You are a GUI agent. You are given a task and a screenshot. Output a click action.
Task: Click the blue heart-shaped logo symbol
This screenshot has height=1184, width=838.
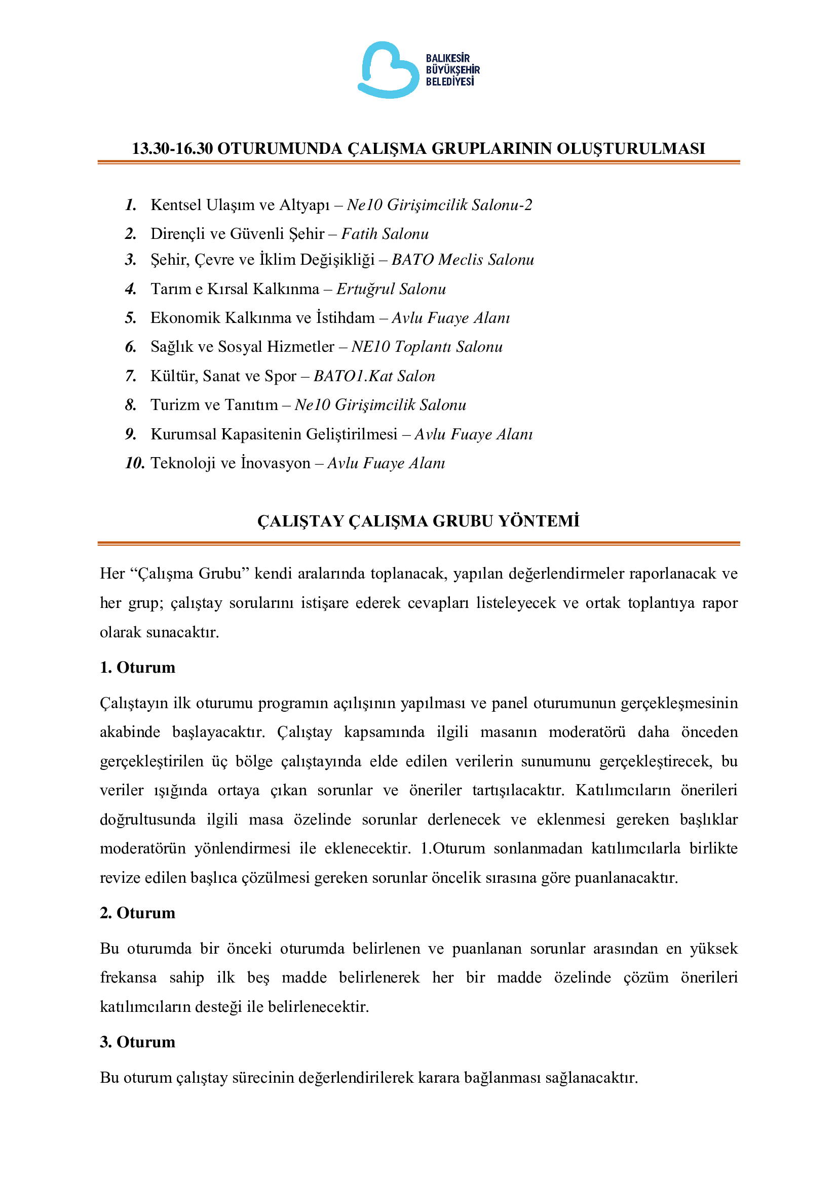tap(388, 70)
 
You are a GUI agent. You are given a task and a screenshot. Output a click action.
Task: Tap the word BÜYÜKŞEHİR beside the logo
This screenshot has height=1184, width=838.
tap(452, 70)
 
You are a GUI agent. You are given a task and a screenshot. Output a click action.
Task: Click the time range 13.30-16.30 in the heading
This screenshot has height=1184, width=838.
tap(172, 148)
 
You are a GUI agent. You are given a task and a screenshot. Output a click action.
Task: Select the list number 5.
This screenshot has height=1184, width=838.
tap(131, 318)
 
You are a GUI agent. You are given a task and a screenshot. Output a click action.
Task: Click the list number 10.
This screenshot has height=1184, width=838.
tap(134, 463)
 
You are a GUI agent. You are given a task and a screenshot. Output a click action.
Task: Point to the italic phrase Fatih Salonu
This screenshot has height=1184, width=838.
tap(385, 234)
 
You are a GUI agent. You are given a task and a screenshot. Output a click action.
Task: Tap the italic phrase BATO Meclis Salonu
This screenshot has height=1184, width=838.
tap(463, 259)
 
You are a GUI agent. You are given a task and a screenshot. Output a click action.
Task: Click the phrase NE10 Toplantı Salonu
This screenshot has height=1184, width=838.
tap(427, 347)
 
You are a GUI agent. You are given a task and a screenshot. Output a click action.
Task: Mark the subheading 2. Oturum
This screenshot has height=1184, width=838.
tap(137, 913)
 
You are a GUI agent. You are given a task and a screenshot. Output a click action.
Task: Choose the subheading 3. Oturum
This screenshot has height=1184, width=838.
tap(137, 1042)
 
